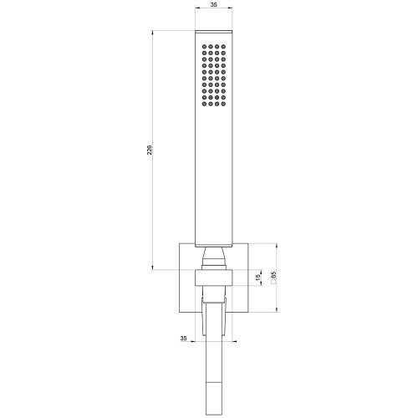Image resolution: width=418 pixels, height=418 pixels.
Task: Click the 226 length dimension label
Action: point(150,150)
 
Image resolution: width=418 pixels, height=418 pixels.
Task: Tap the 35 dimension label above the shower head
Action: point(214,5)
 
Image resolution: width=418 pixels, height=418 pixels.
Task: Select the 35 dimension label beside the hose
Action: point(183,339)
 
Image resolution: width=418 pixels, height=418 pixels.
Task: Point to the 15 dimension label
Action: point(258,278)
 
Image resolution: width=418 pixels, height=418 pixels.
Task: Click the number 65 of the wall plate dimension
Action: point(273,275)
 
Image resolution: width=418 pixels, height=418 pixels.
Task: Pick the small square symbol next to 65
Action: point(273,282)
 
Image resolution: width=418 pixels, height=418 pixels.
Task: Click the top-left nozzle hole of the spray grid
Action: point(204,47)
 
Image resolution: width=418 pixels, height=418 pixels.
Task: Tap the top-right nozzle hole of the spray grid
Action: point(223,47)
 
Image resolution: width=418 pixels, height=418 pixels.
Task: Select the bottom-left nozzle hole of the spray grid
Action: point(204,104)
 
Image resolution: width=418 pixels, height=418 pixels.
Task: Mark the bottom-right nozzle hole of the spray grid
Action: point(223,104)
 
